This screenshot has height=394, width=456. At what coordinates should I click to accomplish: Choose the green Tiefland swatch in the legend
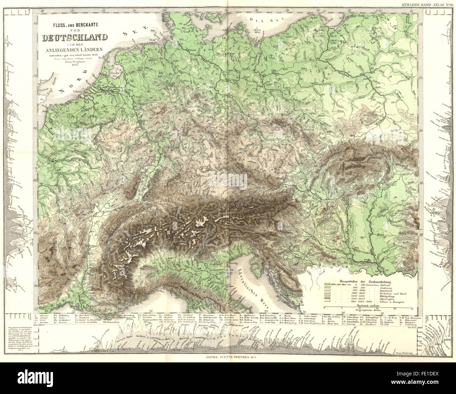point(328,283)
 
